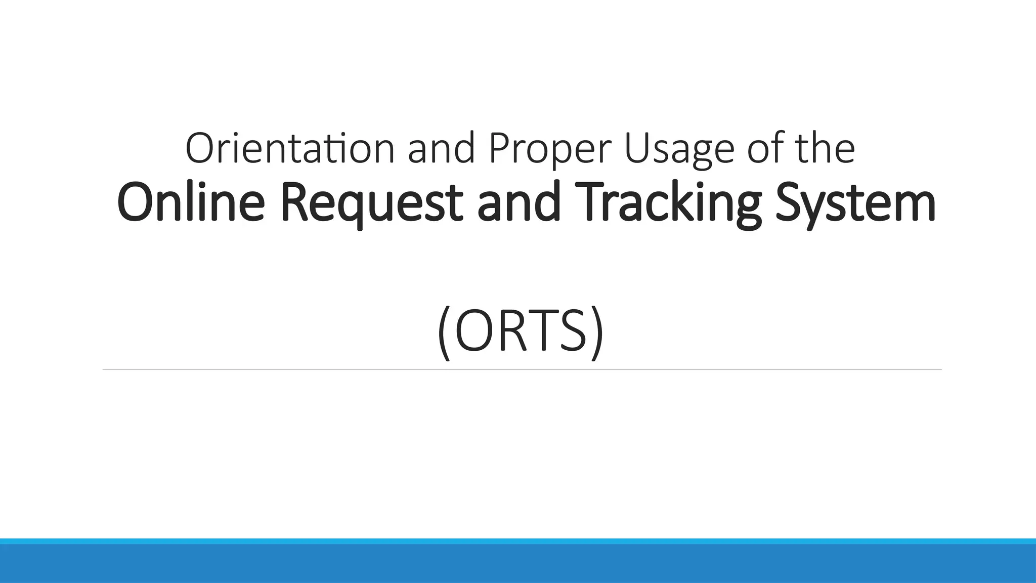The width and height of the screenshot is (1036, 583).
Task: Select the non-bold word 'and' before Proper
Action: [x=441, y=149]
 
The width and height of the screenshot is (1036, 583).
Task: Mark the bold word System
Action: [x=855, y=203]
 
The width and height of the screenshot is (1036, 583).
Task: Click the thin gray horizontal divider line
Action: [x=521, y=369]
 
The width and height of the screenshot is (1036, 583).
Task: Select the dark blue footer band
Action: [x=518, y=564]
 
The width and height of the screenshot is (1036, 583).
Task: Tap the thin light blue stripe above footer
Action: [x=518, y=541]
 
